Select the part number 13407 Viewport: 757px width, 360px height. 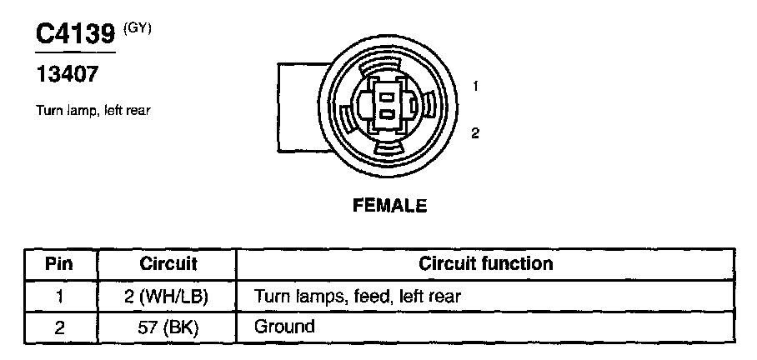(x=66, y=75)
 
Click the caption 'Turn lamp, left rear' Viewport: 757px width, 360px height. (x=93, y=110)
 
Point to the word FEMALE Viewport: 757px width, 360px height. (x=389, y=205)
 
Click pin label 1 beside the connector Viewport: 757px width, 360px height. (x=474, y=86)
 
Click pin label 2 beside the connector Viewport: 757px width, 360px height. (x=474, y=132)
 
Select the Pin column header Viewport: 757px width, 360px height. (x=59, y=264)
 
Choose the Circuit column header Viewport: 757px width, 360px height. (x=168, y=264)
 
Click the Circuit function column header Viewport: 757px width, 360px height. (x=485, y=264)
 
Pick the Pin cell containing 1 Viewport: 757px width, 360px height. (x=59, y=296)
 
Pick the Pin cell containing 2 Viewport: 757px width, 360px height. (x=59, y=327)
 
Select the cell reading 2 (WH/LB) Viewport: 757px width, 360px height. (x=168, y=296)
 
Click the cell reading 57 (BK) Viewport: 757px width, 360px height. (x=168, y=327)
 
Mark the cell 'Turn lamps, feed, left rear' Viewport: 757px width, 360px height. (x=357, y=296)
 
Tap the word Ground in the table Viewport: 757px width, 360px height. (x=284, y=327)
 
